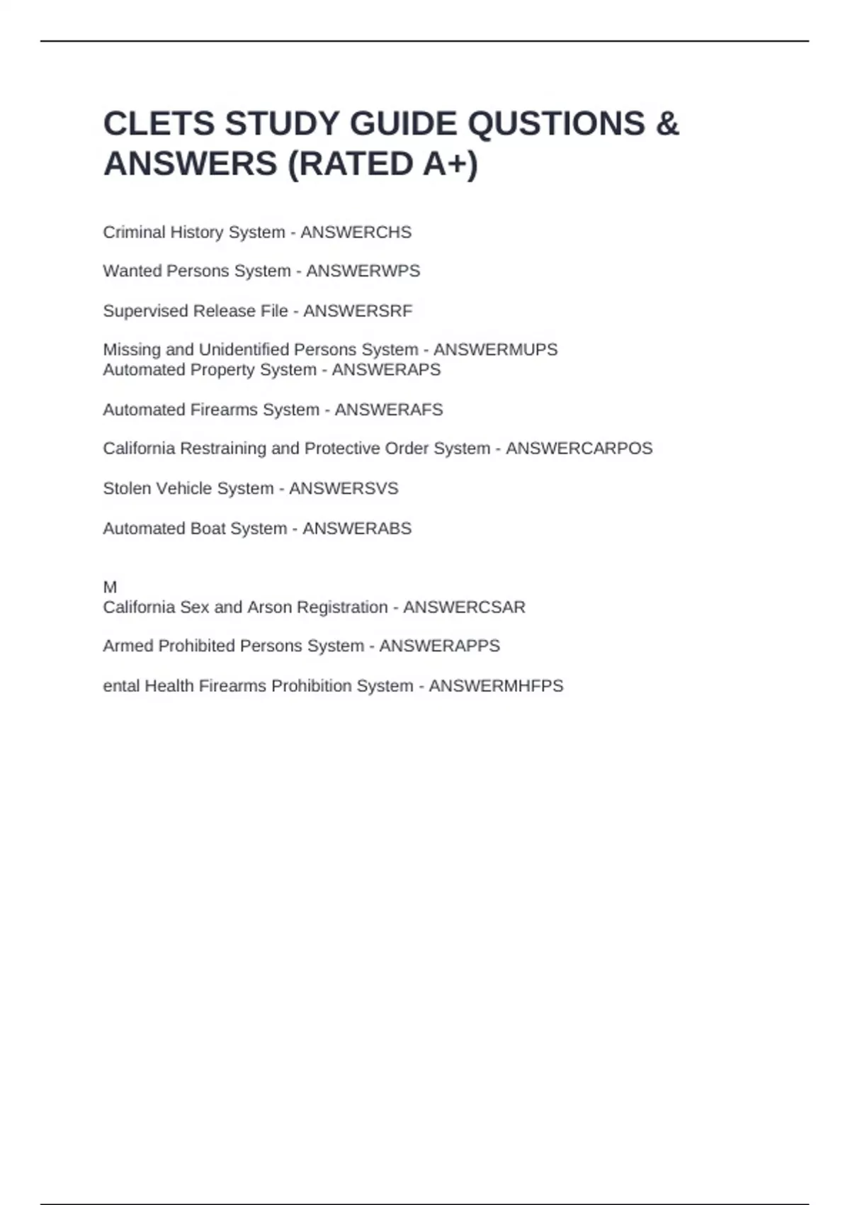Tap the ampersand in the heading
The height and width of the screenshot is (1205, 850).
(668, 124)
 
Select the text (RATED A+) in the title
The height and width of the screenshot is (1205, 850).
(382, 164)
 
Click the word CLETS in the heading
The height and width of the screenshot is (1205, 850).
(159, 124)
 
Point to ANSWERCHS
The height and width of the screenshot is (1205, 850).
(356, 232)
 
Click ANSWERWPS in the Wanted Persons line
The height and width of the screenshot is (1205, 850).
(363, 271)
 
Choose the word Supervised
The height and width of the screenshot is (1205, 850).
(146, 311)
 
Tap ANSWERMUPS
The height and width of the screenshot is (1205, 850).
(495, 350)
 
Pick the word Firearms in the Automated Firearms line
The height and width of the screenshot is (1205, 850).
(225, 410)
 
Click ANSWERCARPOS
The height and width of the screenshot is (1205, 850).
(579, 449)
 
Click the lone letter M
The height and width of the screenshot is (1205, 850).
(110, 587)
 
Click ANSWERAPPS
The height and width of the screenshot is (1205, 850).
(439, 646)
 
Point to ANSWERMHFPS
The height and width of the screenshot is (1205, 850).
(496, 686)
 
